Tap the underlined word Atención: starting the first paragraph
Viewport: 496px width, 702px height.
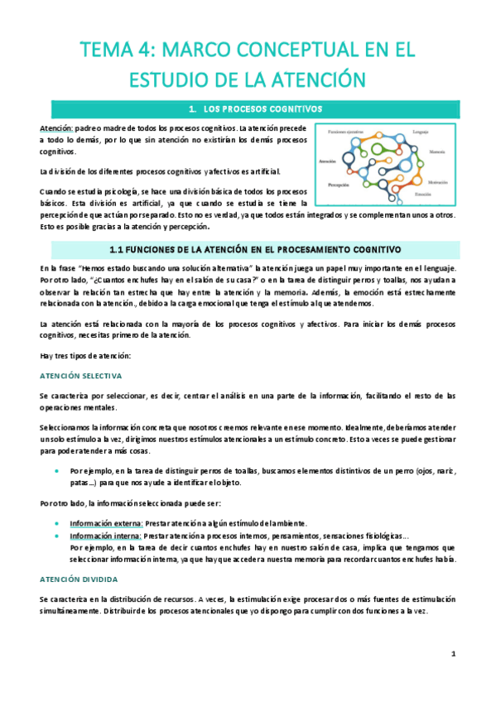[x=57, y=129]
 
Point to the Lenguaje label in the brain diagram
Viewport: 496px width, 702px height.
[x=420, y=132]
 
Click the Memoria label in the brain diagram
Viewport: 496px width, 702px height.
[x=438, y=151]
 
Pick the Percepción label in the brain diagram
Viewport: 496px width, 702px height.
[x=339, y=184]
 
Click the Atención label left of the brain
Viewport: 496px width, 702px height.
[x=326, y=161]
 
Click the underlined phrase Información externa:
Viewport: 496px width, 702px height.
[x=106, y=523]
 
